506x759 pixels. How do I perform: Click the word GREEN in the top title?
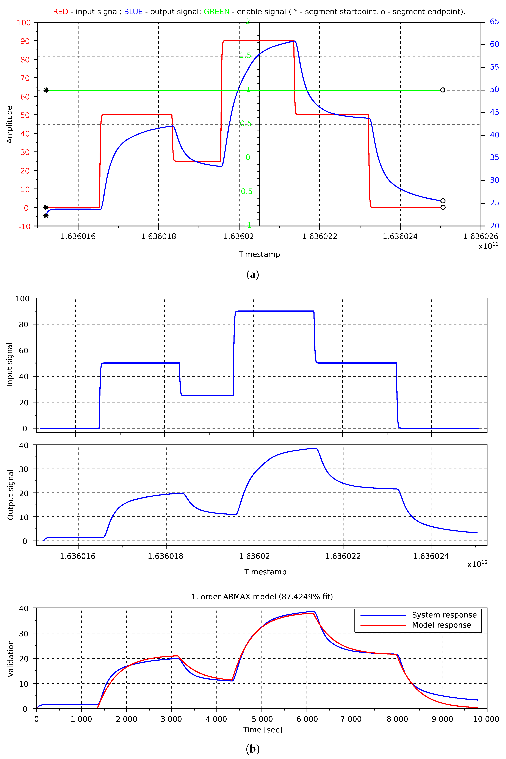[216, 12]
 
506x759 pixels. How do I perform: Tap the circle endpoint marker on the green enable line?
[443, 90]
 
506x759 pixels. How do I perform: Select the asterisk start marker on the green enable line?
[46, 90]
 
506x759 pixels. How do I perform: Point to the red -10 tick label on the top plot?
[25, 226]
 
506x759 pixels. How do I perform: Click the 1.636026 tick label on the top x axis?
[481, 236]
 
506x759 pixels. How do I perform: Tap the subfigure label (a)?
[253, 275]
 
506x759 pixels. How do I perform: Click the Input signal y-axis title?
[10, 365]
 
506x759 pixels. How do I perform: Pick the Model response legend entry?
[441, 625]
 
